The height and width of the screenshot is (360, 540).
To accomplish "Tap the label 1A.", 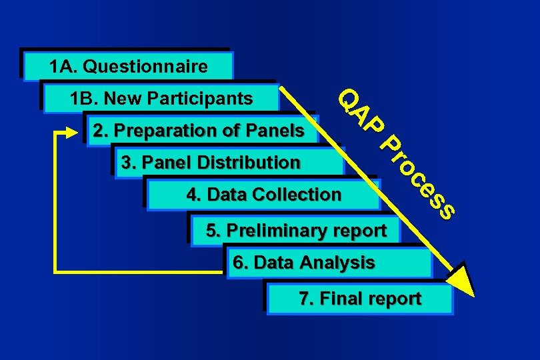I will (x=64, y=67).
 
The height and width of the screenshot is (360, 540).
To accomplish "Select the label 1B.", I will (x=84, y=99).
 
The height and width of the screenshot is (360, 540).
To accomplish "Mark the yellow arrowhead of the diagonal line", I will (x=461, y=280).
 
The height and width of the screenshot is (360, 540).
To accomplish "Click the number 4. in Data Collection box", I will (x=194, y=195).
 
